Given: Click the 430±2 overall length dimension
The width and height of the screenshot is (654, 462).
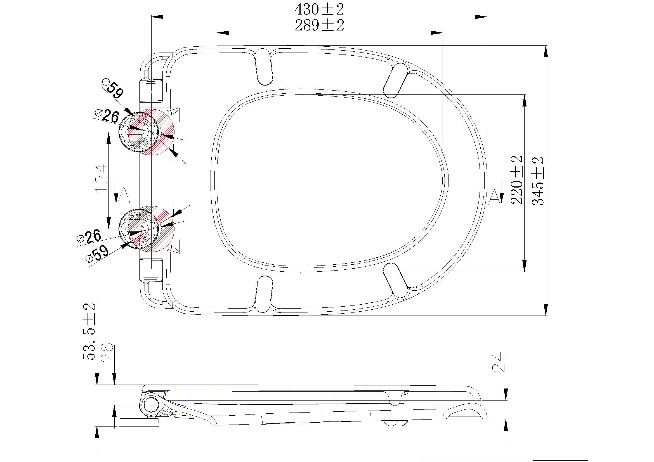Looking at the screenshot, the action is (x=319, y=9).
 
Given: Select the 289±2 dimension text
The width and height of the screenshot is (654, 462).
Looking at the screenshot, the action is (x=319, y=25).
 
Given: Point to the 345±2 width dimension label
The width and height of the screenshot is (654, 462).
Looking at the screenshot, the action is (x=538, y=181).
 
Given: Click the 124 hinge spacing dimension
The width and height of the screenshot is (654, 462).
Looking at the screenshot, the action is (x=102, y=178).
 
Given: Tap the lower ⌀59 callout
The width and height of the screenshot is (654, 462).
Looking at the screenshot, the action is (x=97, y=254).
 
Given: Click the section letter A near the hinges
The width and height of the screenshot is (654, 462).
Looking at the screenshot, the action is (x=124, y=195).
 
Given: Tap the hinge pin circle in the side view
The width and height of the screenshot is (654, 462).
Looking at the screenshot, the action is (x=150, y=404).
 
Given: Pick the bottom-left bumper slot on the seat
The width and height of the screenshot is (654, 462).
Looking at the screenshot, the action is (x=264, y=294).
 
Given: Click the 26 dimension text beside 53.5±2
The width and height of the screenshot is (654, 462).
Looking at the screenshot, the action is (x=108, y=353).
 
